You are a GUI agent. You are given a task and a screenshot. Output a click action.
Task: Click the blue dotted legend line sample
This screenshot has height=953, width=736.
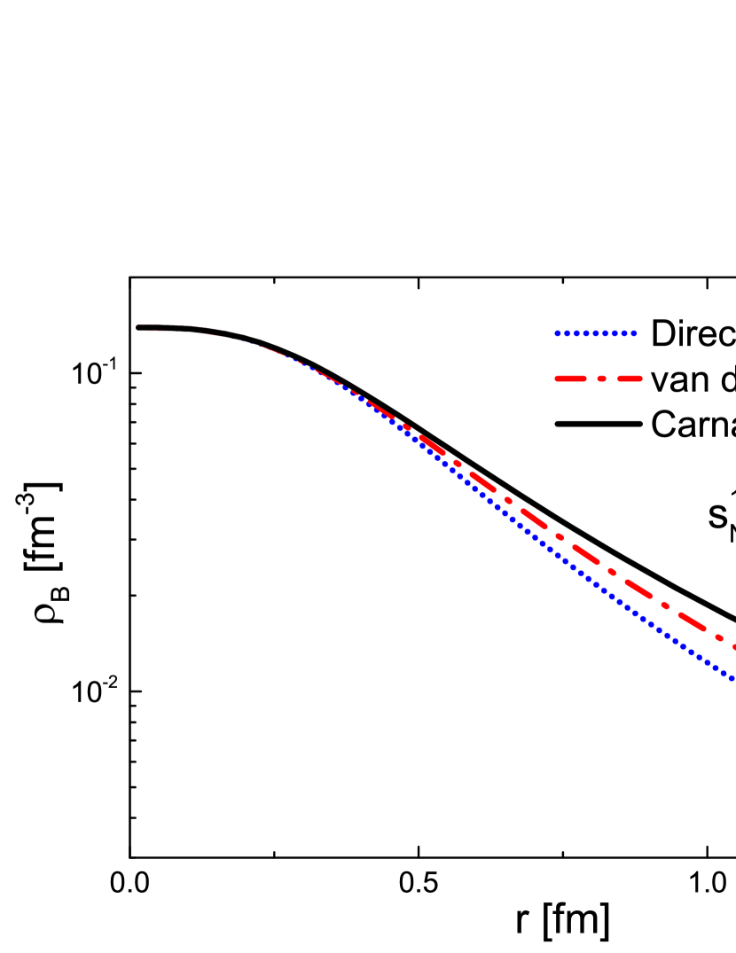click(x=595, y=333)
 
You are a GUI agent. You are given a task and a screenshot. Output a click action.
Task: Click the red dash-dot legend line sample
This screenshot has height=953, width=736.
click(x=598, y=379)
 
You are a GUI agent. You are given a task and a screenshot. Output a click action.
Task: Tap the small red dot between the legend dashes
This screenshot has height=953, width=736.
click(x=601, y=379)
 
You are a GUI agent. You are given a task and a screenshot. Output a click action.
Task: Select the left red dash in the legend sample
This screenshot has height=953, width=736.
click(x=571, y=379)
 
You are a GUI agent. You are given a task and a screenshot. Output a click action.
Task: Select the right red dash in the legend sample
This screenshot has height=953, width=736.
click(x=630, y=379)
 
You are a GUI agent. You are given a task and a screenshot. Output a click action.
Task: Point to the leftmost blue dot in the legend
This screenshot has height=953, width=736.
click(x=557, y=333)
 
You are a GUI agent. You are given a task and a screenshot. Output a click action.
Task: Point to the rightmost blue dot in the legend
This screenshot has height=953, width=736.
click(x=634, y=333)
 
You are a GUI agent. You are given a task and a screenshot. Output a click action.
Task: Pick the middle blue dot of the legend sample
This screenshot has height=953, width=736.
click(x=595, y=333)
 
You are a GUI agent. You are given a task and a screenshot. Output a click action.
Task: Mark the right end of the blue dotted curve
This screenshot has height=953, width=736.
click(x=732, y=678)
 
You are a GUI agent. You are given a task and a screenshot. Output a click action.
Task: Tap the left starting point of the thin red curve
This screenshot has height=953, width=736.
click(x=138, y=328)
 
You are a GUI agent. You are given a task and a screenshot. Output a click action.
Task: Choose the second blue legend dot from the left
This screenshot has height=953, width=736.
click(x=567, y=333)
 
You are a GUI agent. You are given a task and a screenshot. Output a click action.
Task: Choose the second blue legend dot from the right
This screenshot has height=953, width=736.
click(x=624, y=333)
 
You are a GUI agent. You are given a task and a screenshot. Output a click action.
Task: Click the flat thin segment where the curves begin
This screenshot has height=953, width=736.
click(x=168, y=330)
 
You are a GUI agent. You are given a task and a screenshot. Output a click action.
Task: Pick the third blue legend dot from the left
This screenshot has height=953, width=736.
click(x=576, y=333)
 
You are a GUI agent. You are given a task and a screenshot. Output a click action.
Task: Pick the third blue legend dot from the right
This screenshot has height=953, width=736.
click(x=615, y=333)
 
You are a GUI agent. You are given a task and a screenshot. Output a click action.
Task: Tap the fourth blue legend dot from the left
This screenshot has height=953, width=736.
click(x=586, y=333)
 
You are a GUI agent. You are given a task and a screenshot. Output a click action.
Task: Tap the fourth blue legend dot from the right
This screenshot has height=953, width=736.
click(x=605, y=333)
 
